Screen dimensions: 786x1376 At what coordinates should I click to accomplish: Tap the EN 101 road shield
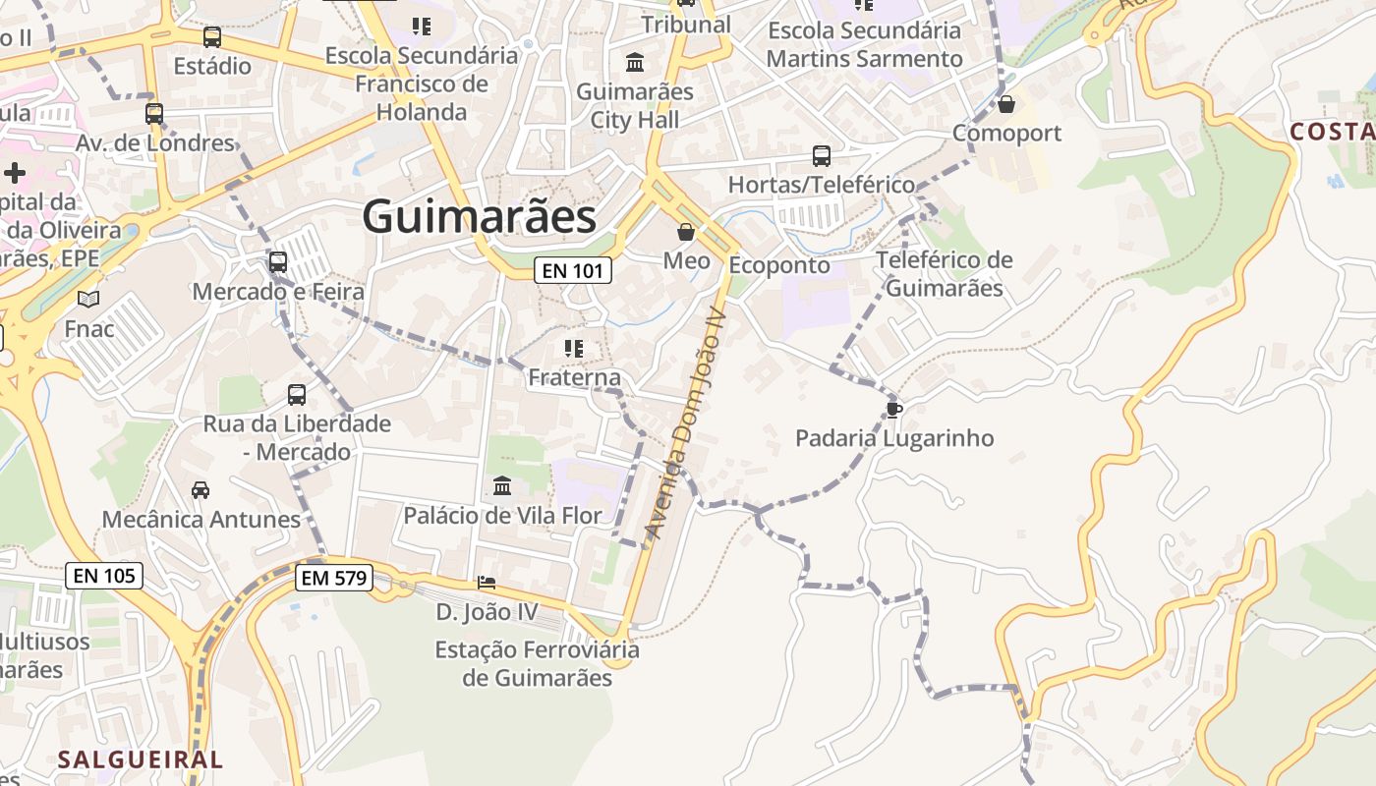click(573, 270)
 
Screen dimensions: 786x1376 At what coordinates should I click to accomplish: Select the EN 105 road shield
click(104, 576)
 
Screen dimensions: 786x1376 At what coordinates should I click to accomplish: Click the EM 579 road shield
click(334, 578)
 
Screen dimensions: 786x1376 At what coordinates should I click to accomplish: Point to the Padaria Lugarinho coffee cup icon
click(893, 409)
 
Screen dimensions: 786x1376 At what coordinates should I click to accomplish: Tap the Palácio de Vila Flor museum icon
click(502, 485)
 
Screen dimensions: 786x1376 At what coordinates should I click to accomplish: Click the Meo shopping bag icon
click(686, 233)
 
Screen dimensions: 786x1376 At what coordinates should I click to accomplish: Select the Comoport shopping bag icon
click(1006, 103)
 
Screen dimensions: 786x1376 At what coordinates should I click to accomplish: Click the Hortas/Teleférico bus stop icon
click(822, 155)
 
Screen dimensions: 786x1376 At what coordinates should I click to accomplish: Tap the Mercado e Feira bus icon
click(278, 262)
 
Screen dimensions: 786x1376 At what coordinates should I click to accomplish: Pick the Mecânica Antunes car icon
click(201, 489)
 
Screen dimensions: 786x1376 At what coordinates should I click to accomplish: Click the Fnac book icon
click(88, 299)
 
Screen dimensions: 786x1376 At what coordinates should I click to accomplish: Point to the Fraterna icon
click(574, 348)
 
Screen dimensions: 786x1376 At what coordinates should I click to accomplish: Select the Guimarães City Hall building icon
click(635, 63)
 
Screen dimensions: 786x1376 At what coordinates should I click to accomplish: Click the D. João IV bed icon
click(487, 583)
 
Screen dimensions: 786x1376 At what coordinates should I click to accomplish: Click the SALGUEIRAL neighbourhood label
click(141, 759)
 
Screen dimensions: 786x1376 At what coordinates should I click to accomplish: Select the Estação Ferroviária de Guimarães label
click(537, 663)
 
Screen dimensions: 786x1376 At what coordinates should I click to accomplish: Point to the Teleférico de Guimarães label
click(944, 274)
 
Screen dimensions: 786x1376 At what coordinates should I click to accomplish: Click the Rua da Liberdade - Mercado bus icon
click(297, 395)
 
